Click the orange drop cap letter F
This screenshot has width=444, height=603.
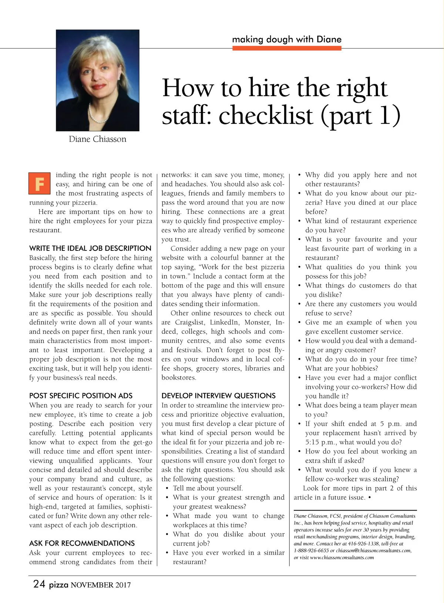40,183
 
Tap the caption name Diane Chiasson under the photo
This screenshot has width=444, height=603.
97,139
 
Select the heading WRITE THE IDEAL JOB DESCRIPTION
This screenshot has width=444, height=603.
90,248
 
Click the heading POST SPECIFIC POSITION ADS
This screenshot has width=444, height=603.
81,395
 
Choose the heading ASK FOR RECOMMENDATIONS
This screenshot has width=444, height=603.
82,543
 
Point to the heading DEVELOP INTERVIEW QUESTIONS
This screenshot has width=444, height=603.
218,395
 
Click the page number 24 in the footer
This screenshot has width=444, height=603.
39,584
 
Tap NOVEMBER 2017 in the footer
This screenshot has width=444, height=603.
101,585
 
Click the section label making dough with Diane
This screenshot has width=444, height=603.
286,39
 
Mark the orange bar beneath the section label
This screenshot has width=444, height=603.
286,48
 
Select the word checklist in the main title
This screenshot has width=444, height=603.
266,115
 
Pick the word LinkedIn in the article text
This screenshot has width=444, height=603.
224,322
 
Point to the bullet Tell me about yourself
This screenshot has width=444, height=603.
208,488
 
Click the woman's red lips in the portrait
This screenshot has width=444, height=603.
99,87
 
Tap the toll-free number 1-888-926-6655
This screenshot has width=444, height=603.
311,550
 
